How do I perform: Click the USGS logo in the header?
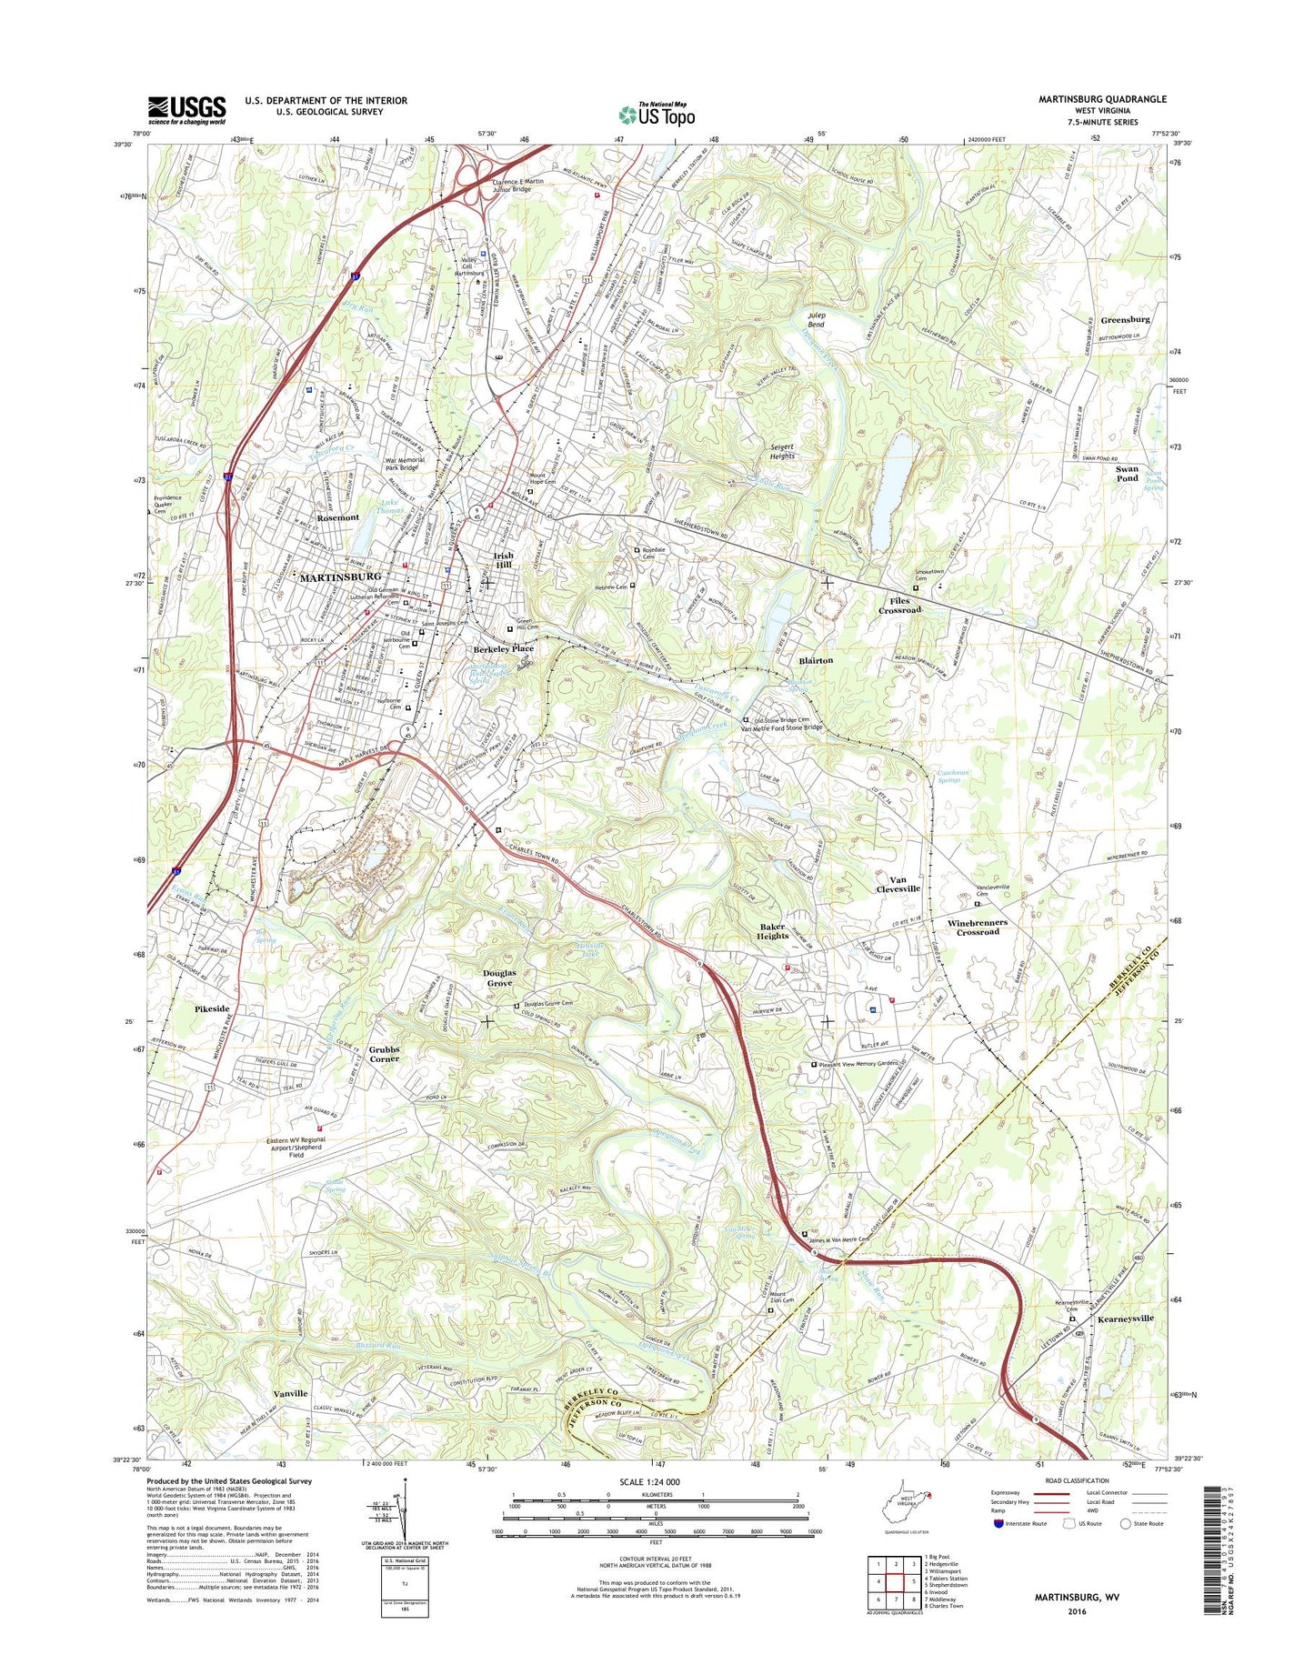186,110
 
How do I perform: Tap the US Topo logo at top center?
657,114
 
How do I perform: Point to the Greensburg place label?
1125,319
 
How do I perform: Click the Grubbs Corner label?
384,1053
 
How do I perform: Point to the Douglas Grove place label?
499,978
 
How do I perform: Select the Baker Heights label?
774,930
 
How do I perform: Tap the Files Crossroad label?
899,605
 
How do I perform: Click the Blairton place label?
815,660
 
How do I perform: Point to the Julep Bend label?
817,319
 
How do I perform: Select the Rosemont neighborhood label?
337,517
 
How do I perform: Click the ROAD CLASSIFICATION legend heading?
1078,1481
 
